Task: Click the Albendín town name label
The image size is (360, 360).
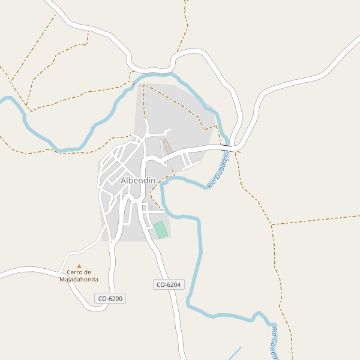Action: tap(137, 180)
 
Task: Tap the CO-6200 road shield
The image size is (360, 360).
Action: tap(110, 298)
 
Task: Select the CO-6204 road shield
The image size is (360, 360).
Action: tap(168, 285)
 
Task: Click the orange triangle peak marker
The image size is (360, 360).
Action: tap(79, 266)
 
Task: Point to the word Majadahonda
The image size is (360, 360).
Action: tap(79, 279)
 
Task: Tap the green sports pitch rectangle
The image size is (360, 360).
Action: tap(160, 230)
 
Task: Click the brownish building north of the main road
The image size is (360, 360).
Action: tap(168, 146)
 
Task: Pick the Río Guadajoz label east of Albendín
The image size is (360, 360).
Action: tap(219, 170)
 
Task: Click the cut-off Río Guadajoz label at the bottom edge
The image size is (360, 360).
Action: tap(274, 344)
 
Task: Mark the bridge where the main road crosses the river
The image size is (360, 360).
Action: tap(226, 145)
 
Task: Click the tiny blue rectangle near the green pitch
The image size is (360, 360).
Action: tap(151, 208)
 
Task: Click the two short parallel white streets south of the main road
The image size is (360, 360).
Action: tap(190, 160)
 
